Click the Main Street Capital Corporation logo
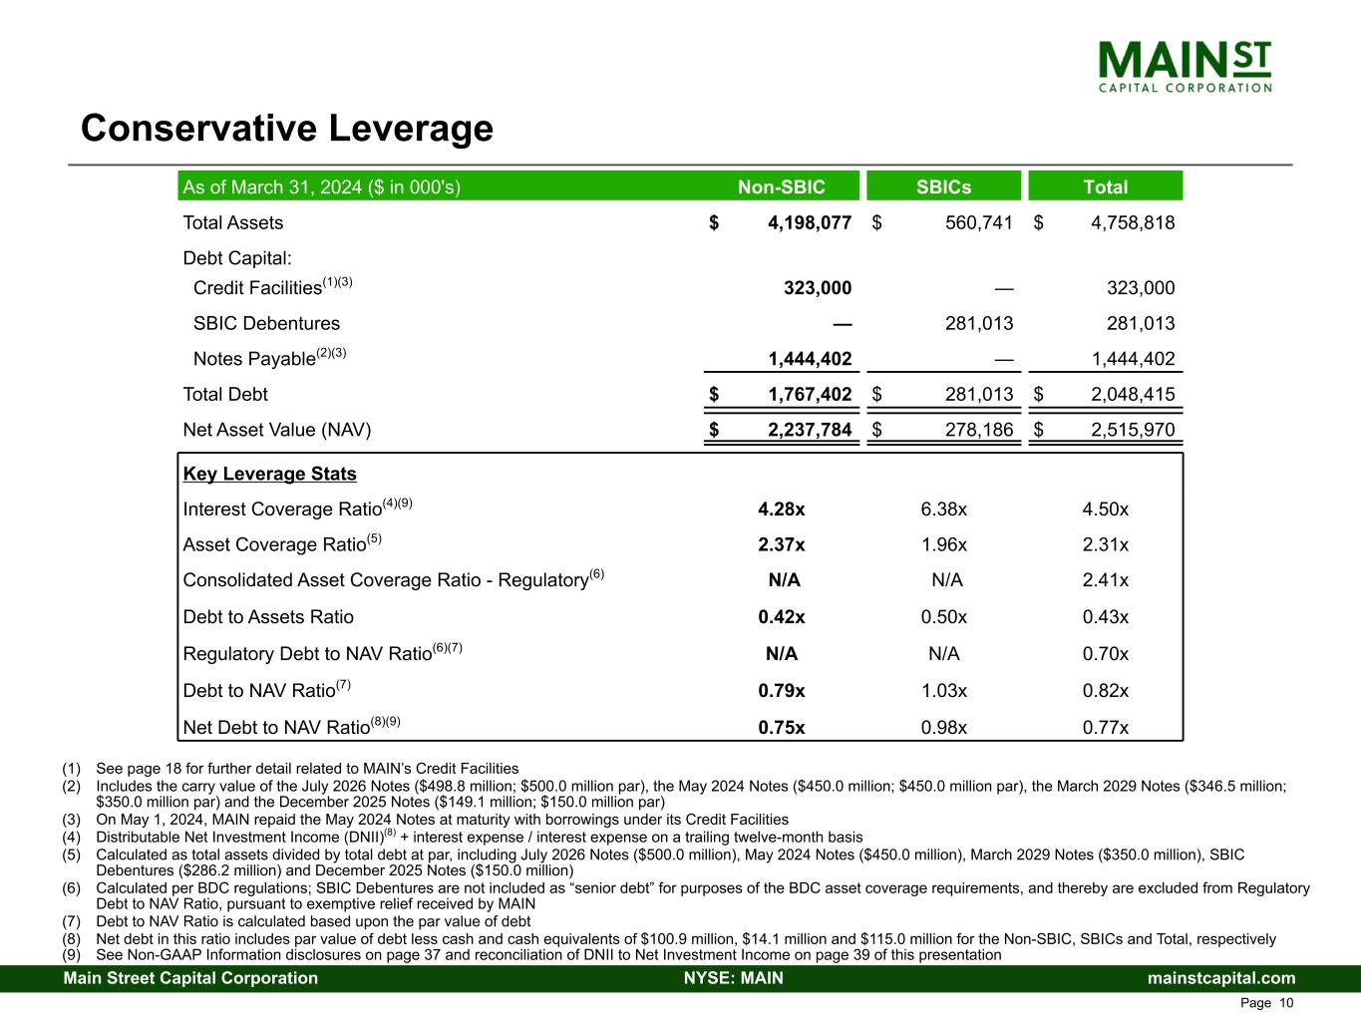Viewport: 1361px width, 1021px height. pos(1185,66)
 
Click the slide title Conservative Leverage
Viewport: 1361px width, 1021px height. pos(287,129)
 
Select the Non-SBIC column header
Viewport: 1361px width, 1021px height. pos(781,187)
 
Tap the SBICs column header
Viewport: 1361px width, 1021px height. pos(943,187)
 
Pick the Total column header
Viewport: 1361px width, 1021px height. pos(1105,187)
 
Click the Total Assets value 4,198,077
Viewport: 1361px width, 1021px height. pos(809,223)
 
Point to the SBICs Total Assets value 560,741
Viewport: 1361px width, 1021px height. pos(978,223)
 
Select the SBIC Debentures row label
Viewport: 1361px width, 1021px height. pos(266,324)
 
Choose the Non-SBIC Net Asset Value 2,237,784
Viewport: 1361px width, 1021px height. pos(809,431)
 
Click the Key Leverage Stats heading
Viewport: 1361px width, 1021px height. pos(269,475)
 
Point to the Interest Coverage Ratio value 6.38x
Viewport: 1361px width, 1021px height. pos(943,510)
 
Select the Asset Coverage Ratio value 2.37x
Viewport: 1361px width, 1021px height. pos(781,545)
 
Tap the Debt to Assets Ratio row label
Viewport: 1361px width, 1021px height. pos(268,617)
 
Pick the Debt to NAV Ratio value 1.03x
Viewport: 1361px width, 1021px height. pos(943,691)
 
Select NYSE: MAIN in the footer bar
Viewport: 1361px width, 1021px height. pos(733,978)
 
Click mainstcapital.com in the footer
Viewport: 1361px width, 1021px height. pos(1221,978)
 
